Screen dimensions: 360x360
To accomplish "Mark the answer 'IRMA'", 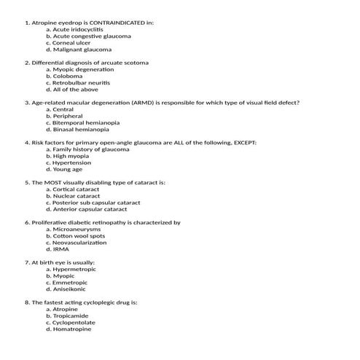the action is click(x=62, y=249).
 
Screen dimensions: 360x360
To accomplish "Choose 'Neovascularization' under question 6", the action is click(x=80, y=243).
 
